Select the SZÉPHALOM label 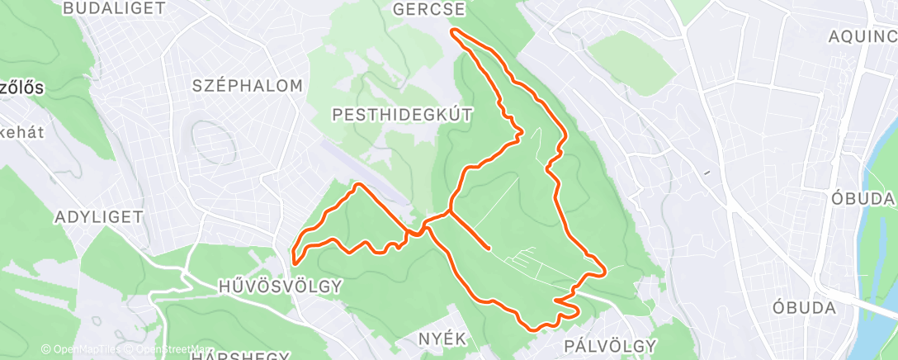tap(248, 85)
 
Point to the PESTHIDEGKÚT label tap(403, 115)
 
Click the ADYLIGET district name tap(99, 217)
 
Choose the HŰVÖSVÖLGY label tap(280, 286)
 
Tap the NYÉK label tap(442, 339)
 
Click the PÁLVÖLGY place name tap(611, 344)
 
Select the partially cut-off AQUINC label tap(863, 36)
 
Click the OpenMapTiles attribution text tap(81, 350)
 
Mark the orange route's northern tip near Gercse tap(451, 31)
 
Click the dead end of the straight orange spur tap(489, 247)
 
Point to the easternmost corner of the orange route tap(606, 270)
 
